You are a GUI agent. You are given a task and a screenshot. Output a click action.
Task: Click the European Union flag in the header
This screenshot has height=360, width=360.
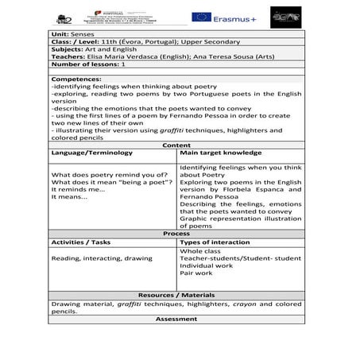[x=201, y=17]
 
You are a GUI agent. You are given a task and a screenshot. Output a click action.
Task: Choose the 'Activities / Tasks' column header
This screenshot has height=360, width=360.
[x=81, y=242]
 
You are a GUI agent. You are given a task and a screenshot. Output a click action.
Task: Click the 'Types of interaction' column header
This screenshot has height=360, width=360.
[x=216, y=242]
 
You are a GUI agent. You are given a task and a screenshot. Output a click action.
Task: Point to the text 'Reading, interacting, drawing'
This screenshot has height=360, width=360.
[x=101, y=258]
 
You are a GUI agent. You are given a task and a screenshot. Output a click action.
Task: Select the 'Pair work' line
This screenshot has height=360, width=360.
[x=196, y=273]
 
